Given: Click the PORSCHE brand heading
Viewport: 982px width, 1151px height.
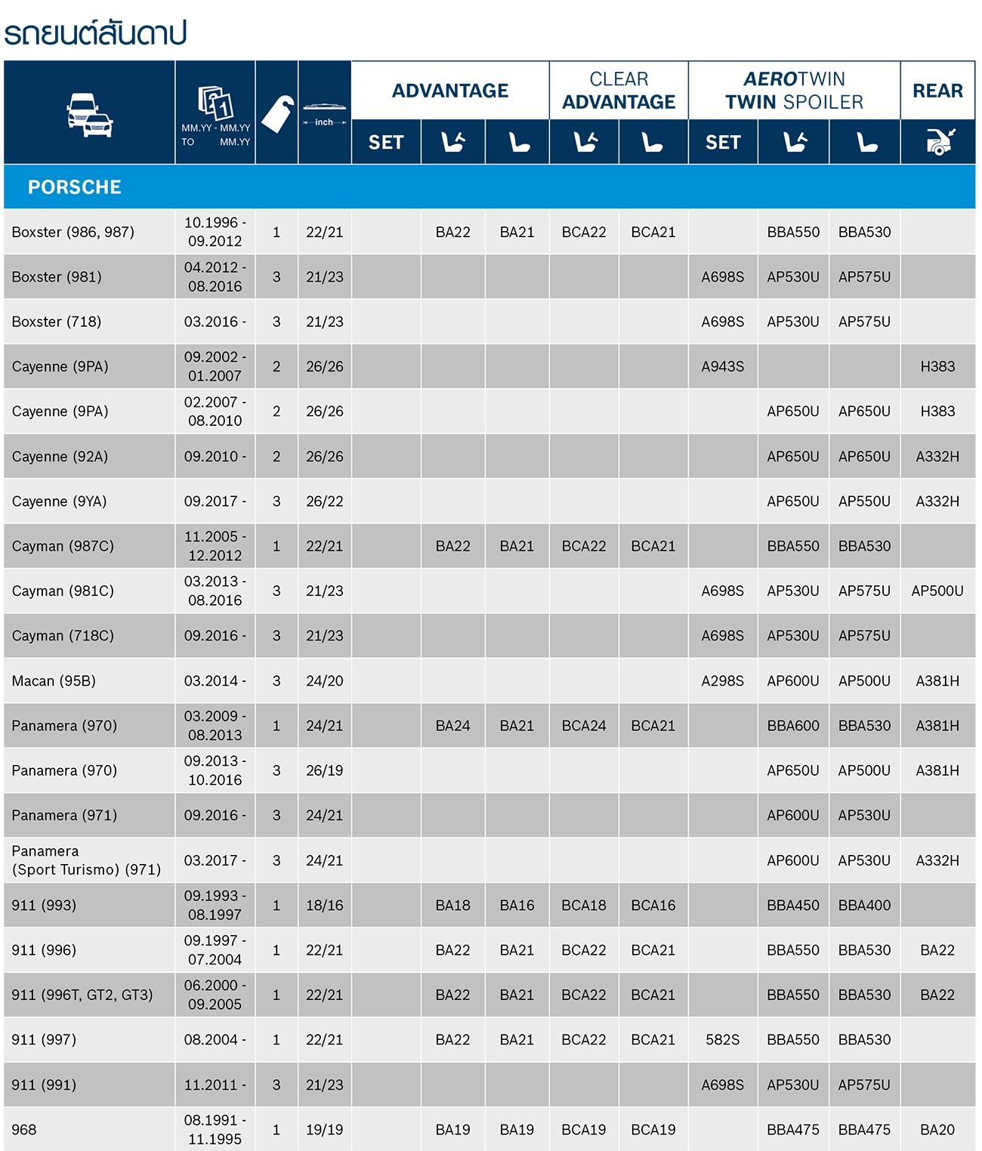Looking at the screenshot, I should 74,187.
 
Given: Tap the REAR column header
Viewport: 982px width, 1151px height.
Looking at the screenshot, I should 937,91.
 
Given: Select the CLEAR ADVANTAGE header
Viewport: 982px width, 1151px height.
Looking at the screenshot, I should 619,91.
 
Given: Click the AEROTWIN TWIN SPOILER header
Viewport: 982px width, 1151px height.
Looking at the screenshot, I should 794,91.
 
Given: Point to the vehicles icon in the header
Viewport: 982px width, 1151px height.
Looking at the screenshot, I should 89,115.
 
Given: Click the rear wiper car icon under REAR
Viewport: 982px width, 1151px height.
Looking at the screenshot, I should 937,141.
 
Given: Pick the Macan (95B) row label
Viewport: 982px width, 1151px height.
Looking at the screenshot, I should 54,681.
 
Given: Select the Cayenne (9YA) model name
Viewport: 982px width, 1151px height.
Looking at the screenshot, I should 59,501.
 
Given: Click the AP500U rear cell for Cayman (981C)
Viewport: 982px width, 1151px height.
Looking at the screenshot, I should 937,591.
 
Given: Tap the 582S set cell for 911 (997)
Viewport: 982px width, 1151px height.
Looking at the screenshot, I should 722,1040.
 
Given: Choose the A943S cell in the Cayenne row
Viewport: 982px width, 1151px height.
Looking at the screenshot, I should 722,367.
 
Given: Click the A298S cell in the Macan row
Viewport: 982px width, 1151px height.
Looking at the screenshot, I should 722,681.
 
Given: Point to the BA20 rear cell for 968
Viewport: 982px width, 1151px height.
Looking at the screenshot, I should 937,1130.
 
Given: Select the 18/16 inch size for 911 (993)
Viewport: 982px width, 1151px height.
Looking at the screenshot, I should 324,906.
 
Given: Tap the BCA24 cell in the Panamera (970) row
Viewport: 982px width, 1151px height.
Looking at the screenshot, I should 583,726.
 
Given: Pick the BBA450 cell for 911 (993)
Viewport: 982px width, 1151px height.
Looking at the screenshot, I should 793,906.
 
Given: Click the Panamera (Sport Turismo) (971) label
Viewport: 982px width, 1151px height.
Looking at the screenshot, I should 86,860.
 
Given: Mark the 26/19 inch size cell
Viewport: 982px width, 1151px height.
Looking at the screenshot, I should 324,771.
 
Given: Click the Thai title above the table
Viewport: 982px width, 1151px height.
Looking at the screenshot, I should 95,33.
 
